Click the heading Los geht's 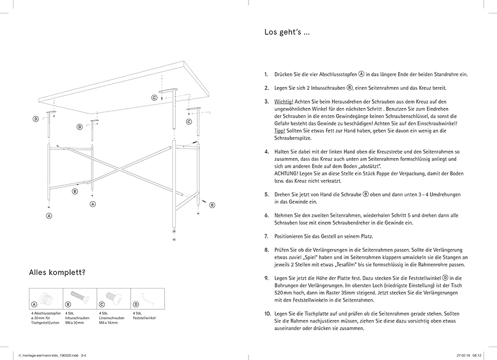pyautogui.click(x=287, y=33)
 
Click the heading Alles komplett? pyautogui.click(x=57, y=272)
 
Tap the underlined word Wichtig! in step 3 pyautogui.click(x=284, y=101)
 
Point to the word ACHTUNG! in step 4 pyautogui.click(x=286, y=173)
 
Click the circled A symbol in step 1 pyautogui.click(x=361, y=73)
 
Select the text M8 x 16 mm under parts pyautogui.click(x=108, y=323)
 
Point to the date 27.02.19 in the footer pyautogui.click(x=463, y=355)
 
